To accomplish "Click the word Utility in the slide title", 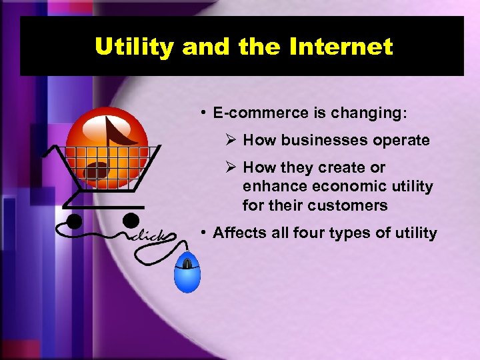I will click(134, 47).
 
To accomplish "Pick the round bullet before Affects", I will click(203, 233).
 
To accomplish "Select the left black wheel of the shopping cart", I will click(73, 221).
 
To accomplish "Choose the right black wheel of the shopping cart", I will click(131, 219).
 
